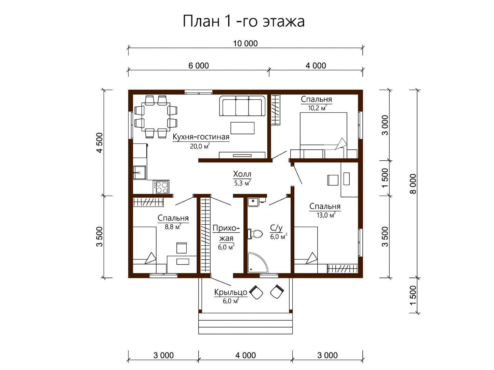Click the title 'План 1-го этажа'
(243, 22)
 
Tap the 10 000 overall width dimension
(245, 43)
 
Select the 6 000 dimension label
(199, 66)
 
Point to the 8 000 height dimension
(414, 184)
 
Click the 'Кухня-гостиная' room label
(201, 137)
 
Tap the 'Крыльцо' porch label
(230, 292)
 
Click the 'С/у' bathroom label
(276, 228)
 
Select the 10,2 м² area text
(317, 108)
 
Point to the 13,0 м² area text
(326, 215)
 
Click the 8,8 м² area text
(173, 226)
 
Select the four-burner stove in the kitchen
(161, 187)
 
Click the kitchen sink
(139, 172)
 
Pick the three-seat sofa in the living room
(242, 106)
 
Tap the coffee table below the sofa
(242, 128)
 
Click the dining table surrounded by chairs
(156, 117)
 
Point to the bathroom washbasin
(254, 202)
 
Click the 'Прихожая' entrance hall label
(226, 233)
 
